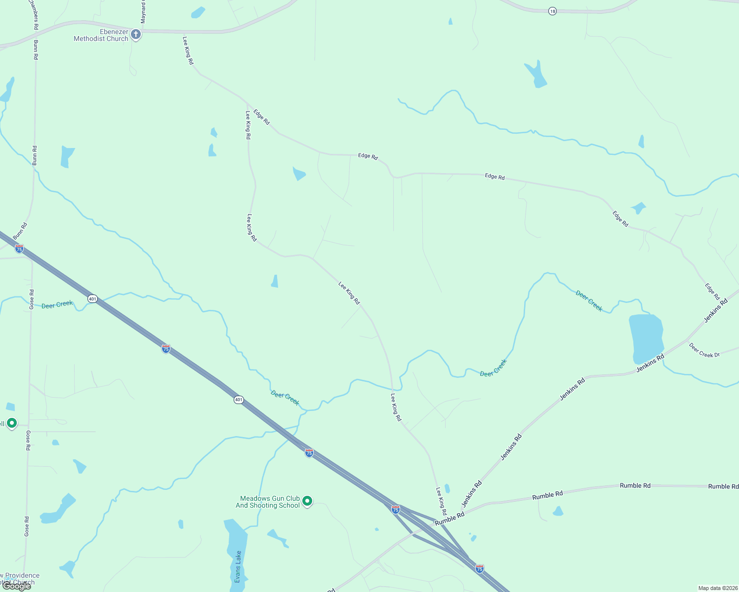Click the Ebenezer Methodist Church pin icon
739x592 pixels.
click(136, 35)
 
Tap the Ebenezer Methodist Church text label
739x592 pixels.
click(101, 35)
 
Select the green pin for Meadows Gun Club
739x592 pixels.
click(307, 501)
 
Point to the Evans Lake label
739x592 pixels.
click(238, 566)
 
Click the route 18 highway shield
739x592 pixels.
click(552, 11)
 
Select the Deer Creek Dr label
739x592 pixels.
click(704, 350)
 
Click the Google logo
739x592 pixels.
click(17, 586)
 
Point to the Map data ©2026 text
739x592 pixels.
click(717, 588)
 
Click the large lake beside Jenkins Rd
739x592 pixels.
click(646, 338)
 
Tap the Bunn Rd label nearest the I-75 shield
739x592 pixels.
click(21, 232)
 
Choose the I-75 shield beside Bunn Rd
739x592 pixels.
click(19, 249)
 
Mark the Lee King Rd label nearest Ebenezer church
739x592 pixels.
click(188, 50)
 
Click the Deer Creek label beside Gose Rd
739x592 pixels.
click(57, 305)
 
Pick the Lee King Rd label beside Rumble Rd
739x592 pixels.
click(441, 501)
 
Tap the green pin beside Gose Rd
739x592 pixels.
click(12, 423)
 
